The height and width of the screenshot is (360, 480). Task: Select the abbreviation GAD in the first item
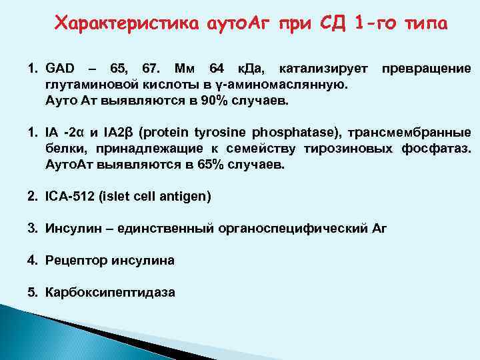60,69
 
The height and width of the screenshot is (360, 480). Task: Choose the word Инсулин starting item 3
71,229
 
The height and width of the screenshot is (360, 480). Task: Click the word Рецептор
72,261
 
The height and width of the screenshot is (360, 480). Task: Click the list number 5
32,293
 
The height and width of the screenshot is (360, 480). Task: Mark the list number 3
32,229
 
